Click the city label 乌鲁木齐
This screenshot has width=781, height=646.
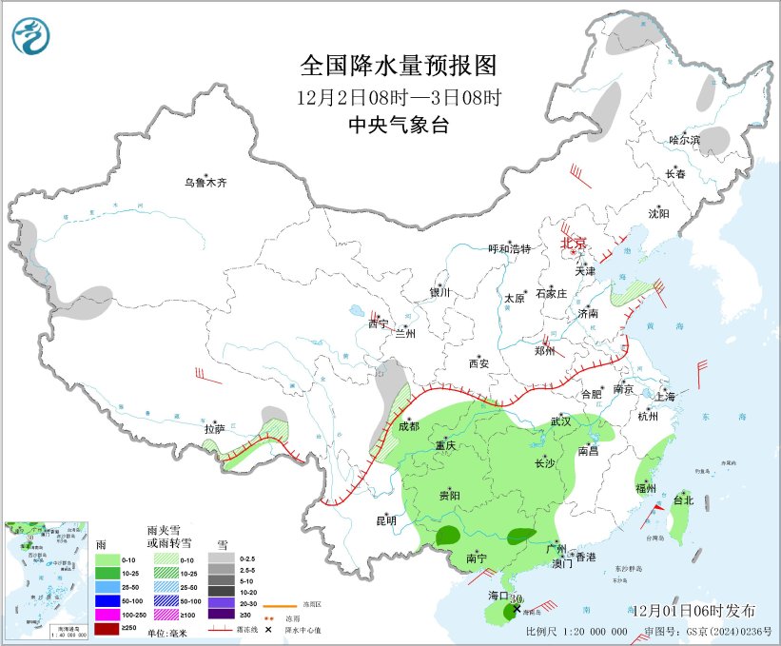(x=206, y=182)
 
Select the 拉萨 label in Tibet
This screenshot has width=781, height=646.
(x=214, y=429)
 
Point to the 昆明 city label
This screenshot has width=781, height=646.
(x=385, y=520)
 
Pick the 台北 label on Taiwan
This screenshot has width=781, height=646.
(x=683, y=499)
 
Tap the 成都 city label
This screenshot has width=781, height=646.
(x=409, y=426)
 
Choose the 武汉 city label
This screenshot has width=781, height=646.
(x=562, y=421)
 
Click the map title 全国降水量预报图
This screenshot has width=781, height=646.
(x=399, y=66)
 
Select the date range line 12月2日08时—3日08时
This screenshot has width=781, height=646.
(x=399, y=97)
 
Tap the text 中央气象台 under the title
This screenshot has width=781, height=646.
(x=399, y=126)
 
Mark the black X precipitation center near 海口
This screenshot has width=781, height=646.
(x=517, y=607)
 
